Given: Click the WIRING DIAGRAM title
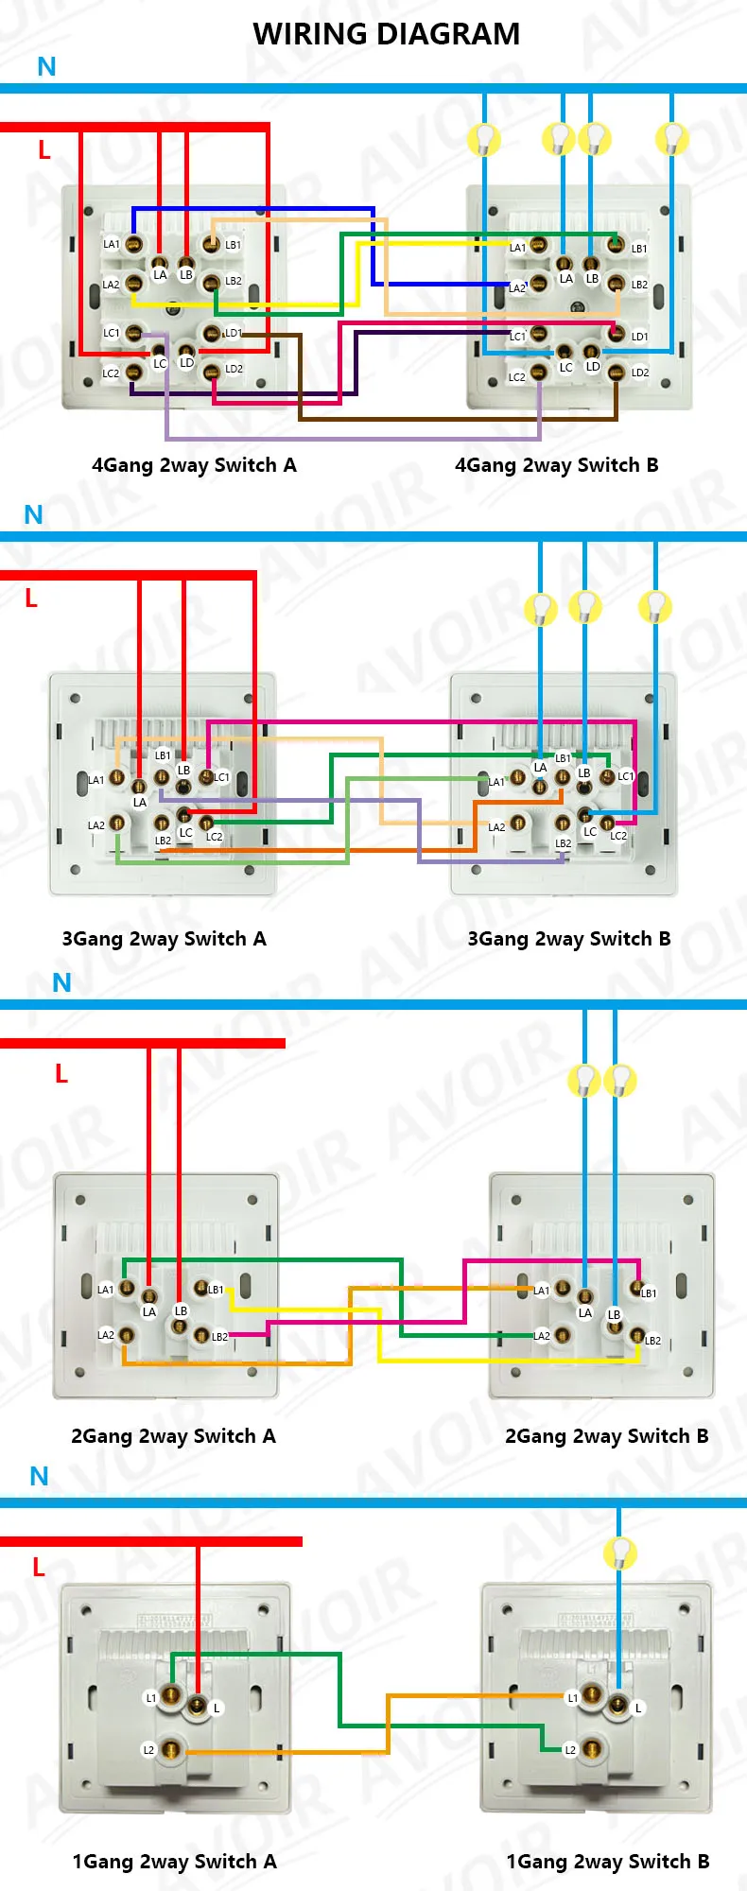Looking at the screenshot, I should (386, 34).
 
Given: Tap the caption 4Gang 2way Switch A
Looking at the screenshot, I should (194, 465).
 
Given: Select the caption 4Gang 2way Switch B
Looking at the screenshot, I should (556, 465).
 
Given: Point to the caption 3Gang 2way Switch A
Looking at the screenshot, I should (164, 939).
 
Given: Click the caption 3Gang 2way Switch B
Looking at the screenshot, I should (568, 939).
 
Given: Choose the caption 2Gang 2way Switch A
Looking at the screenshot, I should (173, 1436).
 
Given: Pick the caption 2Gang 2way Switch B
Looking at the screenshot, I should (606, 1436).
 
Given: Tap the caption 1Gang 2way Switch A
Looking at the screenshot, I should (174, 1862).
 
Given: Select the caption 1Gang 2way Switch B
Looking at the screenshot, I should (607, 1862).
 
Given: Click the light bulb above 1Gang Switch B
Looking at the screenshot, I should (619, 1553).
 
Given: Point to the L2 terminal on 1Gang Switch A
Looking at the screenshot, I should (170, 1750).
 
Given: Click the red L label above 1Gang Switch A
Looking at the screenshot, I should (39, 1567).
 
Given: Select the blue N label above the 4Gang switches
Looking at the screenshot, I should (46, 67).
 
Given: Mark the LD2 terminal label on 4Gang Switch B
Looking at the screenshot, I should (640, 373).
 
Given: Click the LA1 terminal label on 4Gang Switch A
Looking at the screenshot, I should (112, 244).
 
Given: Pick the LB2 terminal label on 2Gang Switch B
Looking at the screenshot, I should (652, 1341).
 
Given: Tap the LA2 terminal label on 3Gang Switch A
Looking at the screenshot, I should (96, 825).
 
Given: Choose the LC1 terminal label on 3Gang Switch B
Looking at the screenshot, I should (626, 776).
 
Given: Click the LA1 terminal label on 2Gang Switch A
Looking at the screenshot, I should (106, 1289).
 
